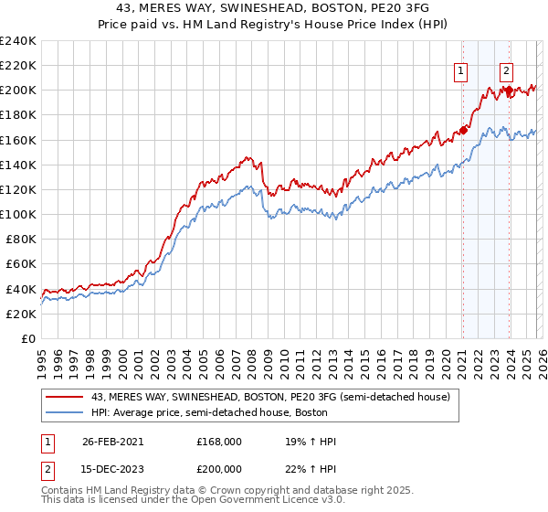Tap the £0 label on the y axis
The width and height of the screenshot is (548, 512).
28,338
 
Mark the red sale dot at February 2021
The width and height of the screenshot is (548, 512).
463,130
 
